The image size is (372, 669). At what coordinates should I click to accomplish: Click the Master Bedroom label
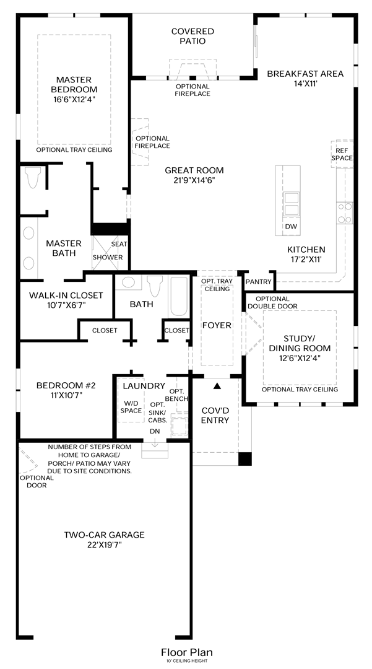[74, 84]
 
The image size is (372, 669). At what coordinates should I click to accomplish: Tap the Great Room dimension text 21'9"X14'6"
[194, 180]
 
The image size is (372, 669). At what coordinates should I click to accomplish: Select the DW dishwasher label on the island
[291, 227]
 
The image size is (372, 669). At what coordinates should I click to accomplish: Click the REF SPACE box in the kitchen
[342, 154]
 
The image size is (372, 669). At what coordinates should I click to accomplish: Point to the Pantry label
[259, 282]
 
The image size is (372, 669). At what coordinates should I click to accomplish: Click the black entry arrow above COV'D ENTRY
[217, 386]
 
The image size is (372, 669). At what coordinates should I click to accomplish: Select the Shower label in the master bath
[108, 257]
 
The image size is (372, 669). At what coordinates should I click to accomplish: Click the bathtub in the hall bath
[178, 297]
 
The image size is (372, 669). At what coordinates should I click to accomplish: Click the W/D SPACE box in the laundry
[131, 401]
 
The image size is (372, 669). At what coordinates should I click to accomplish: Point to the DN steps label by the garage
[155, 431]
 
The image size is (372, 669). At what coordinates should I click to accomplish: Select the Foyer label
[217, 326]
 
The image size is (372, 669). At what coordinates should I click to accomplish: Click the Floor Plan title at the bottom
[187, 652]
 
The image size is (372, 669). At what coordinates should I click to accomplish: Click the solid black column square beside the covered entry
[245, 458]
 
